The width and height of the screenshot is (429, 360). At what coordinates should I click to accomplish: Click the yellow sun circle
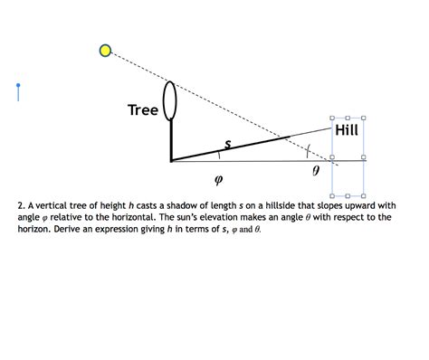[106, 51]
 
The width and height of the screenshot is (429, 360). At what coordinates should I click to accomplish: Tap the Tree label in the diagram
[143, 110]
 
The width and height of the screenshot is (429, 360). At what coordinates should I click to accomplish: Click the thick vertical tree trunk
[170, 141]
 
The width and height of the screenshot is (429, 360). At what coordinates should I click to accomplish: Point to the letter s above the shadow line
[227, 142]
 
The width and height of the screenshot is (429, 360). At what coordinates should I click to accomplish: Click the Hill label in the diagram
[347, 130]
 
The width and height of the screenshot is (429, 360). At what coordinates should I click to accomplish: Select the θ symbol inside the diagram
[315, 169]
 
